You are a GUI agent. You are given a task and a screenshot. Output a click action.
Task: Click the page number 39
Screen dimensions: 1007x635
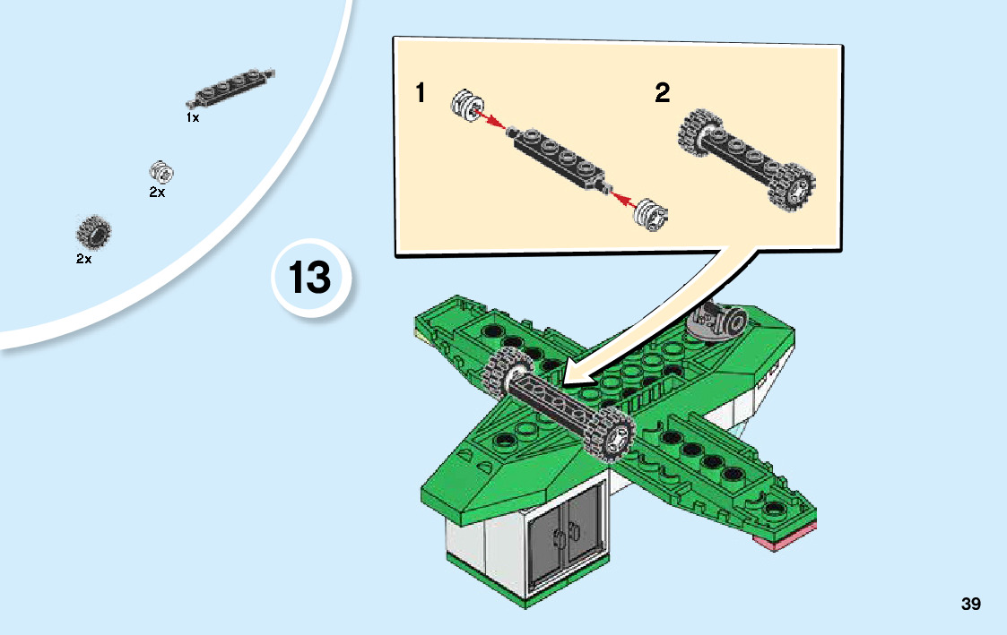[971, 604]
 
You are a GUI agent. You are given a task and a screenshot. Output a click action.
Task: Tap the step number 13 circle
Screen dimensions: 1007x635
[311, 278]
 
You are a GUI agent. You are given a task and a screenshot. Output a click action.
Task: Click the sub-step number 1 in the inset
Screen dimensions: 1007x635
[421, 92]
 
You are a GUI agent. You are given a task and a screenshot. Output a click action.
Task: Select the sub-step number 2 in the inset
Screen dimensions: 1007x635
[662, 92]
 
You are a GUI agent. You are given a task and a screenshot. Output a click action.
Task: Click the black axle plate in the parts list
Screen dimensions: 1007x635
[230, 87]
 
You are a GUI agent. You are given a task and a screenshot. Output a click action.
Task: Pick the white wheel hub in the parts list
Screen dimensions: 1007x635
[161, 172]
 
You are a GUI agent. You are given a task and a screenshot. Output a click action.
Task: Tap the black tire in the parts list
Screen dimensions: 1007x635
[94, 232]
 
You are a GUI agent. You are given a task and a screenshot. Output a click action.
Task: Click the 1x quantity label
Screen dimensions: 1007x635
[193, 117]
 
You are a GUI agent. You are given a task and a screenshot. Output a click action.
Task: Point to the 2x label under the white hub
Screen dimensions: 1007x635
[157, 192]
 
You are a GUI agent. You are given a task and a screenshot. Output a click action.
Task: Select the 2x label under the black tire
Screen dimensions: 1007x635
[83, 259]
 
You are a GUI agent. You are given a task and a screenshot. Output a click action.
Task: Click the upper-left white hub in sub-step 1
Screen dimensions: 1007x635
[467, 106]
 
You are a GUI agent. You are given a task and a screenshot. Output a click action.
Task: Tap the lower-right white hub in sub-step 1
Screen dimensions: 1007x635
[651, 214]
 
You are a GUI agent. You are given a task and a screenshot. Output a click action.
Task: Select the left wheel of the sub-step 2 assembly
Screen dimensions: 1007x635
[698, 133]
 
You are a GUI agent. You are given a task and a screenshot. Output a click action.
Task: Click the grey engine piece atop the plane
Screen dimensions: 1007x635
[717, 320]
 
